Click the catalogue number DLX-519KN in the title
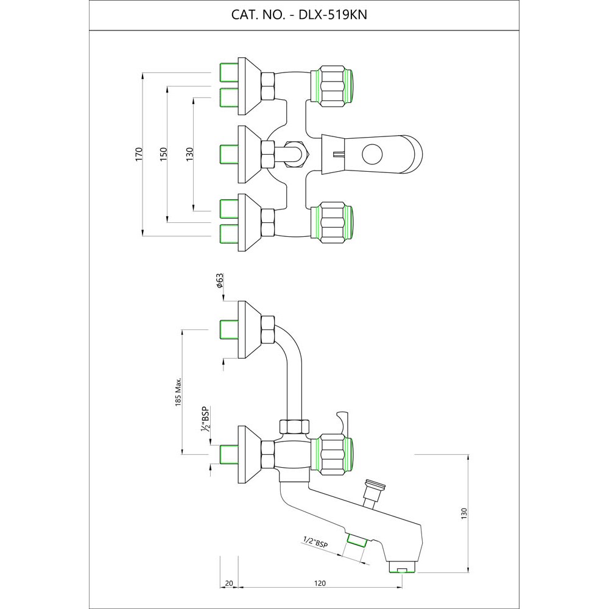point(333,15)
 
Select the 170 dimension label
point(139,154)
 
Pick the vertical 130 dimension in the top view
point(189,154)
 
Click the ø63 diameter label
point(220,280)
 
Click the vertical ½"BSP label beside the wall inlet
point(205,419)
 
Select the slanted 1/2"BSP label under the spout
point(315,542)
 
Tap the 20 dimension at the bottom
point(229,583)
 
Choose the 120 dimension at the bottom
point(320,583)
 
